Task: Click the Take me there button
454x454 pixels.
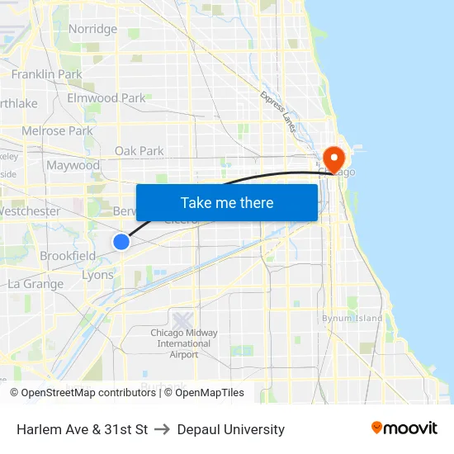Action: [227, 202]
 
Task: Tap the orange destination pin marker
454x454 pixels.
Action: [334, 158]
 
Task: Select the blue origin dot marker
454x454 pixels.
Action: [121, 241]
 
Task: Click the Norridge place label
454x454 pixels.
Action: [92, 29]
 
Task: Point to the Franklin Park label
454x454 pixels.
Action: [46, 74]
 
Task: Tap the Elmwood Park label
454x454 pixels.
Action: [106, 97]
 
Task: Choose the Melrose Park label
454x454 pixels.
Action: [57, 130]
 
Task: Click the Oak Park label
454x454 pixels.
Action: [139, 151]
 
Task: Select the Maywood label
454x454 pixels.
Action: [73, 165]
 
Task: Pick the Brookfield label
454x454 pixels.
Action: [68, 256]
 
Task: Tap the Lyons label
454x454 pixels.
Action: [98, 275]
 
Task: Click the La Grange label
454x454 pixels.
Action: [35, 284]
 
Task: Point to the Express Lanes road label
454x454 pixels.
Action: [278, 111]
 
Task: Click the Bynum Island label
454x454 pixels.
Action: [352, 318]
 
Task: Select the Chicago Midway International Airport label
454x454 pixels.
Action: [184, 343]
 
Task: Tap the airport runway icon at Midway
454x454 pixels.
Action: [182, 318]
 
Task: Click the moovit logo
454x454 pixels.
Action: [404, 428]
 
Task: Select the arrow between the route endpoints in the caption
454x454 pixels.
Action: [162, 429]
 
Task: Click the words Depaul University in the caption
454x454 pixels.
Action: [231, 429]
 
